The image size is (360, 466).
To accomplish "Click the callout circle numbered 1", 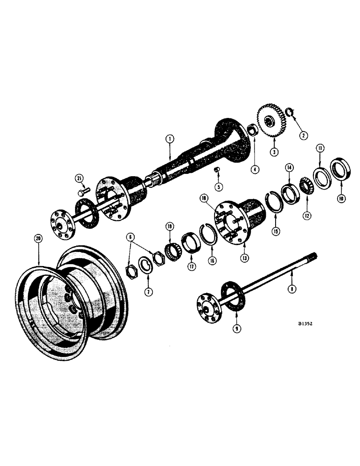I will [170, 138].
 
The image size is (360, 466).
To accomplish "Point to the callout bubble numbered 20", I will [39, 238].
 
